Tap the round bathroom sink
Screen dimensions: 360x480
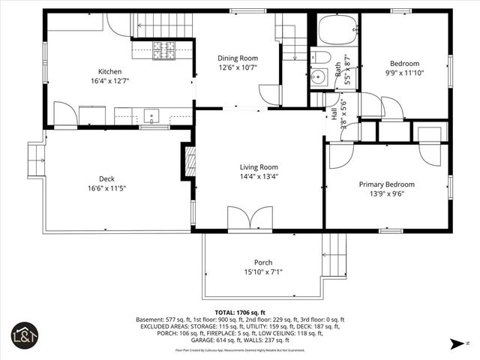click(x=317, y=76)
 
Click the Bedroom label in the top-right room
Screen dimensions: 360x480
click(x=404, y=64)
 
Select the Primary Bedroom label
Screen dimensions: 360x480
click(x=386, y=184)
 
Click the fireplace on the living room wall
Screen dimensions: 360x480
click(x=190, y=161)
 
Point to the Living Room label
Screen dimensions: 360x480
click(x=259, y=167)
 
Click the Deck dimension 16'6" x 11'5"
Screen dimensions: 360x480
click(x=106, y=188)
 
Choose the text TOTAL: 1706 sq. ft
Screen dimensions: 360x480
click(x=240, y=312)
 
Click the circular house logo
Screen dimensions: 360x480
click(x=23, y=336)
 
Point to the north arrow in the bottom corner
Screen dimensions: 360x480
click(x=457, y=343)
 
